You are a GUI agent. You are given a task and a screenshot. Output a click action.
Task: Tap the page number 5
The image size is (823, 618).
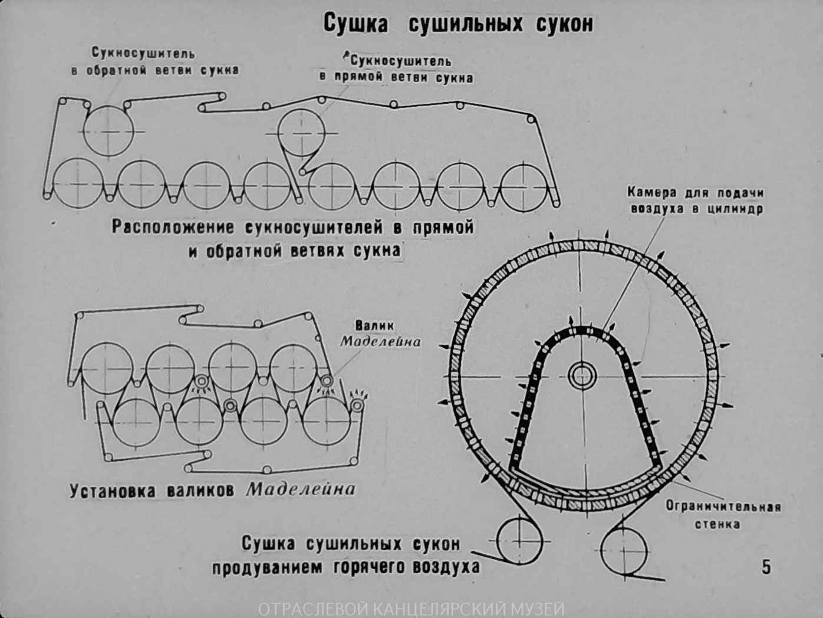point(766,567)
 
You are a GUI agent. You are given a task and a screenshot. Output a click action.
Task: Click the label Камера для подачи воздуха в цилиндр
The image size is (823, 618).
point(696,201)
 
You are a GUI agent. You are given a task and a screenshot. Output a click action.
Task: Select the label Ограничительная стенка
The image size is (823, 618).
point(723,515)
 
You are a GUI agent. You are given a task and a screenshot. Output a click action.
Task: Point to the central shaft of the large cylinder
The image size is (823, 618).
point(582,375)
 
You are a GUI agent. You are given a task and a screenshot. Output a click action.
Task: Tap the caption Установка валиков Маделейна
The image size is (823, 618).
point(213,491)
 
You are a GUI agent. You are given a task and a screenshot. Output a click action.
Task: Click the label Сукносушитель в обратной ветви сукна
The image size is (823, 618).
point(154,62)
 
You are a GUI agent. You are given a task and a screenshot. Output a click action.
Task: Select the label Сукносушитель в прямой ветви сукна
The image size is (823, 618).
point(396,69)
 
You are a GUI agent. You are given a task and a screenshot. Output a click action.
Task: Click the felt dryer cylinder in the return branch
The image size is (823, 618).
point(108,131)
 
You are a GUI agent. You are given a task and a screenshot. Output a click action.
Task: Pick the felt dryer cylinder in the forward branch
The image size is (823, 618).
point(301,132)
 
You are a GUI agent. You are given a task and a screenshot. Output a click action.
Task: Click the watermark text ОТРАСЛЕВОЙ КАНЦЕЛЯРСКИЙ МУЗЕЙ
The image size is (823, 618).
point(411,609)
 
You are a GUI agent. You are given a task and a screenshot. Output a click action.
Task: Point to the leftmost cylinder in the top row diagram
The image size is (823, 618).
point(78,183)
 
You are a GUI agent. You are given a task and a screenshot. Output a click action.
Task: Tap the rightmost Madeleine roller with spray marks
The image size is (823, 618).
point(356,404)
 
